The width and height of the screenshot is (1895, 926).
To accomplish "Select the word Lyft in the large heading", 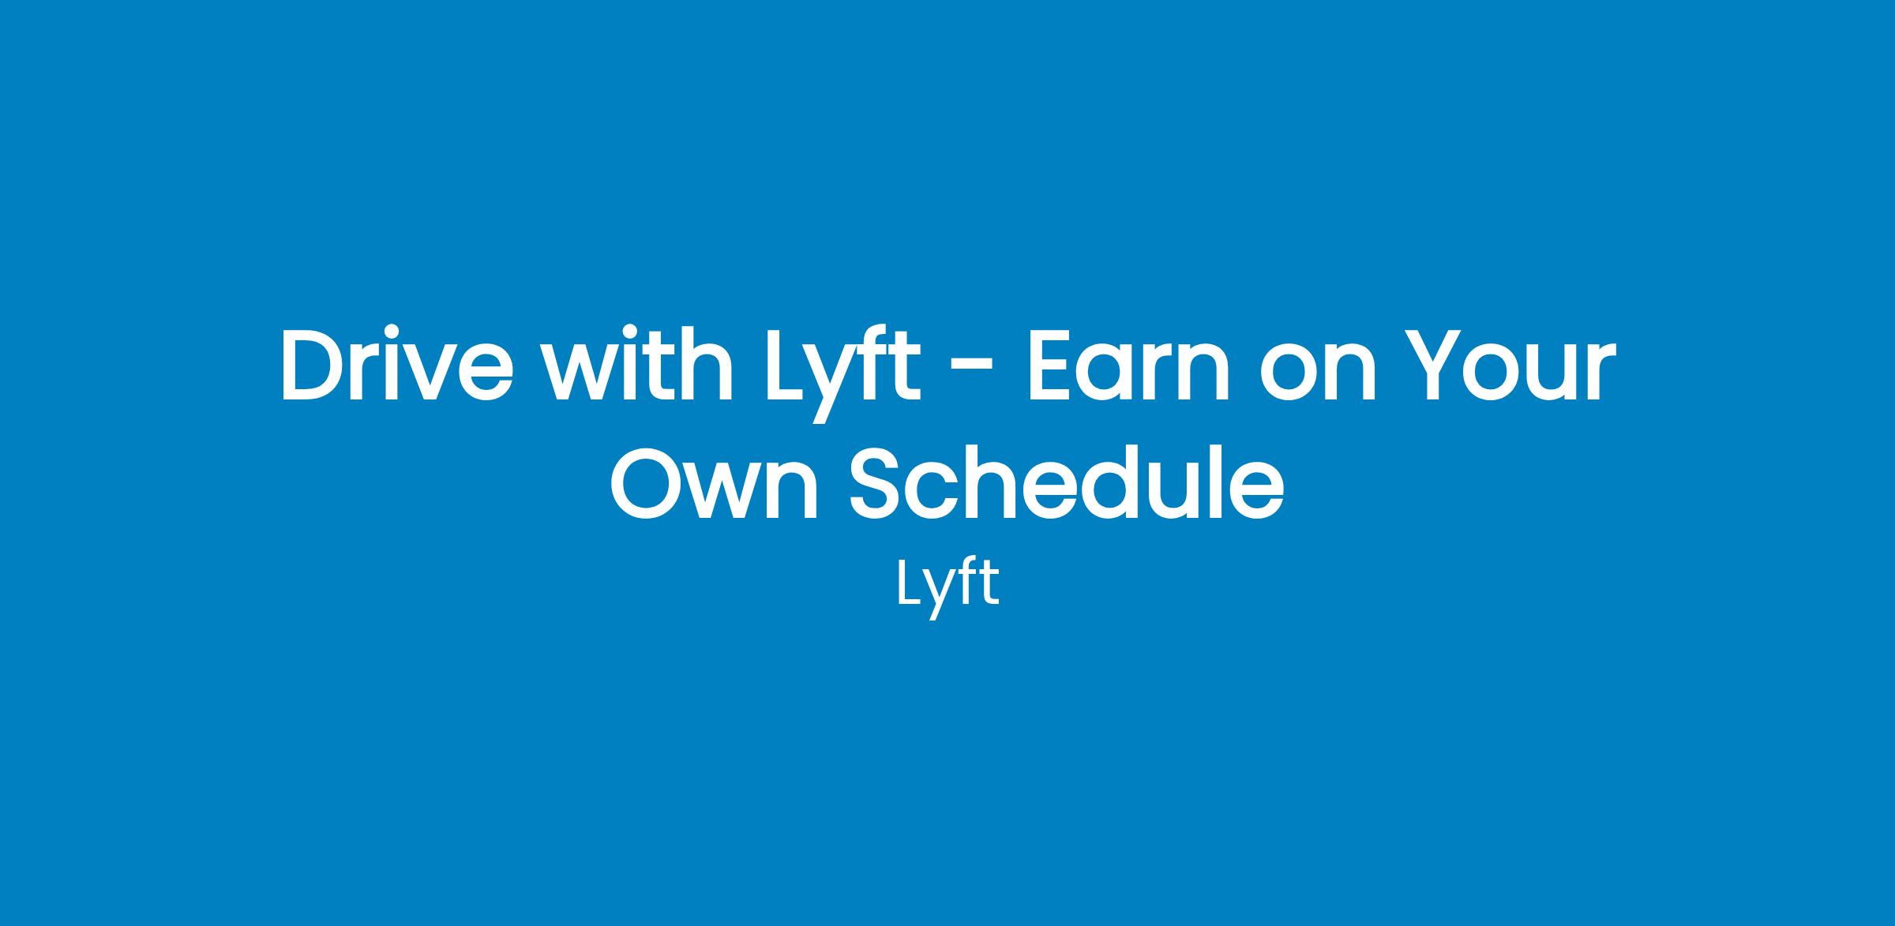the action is pyautogui.click(x=844, y=375).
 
